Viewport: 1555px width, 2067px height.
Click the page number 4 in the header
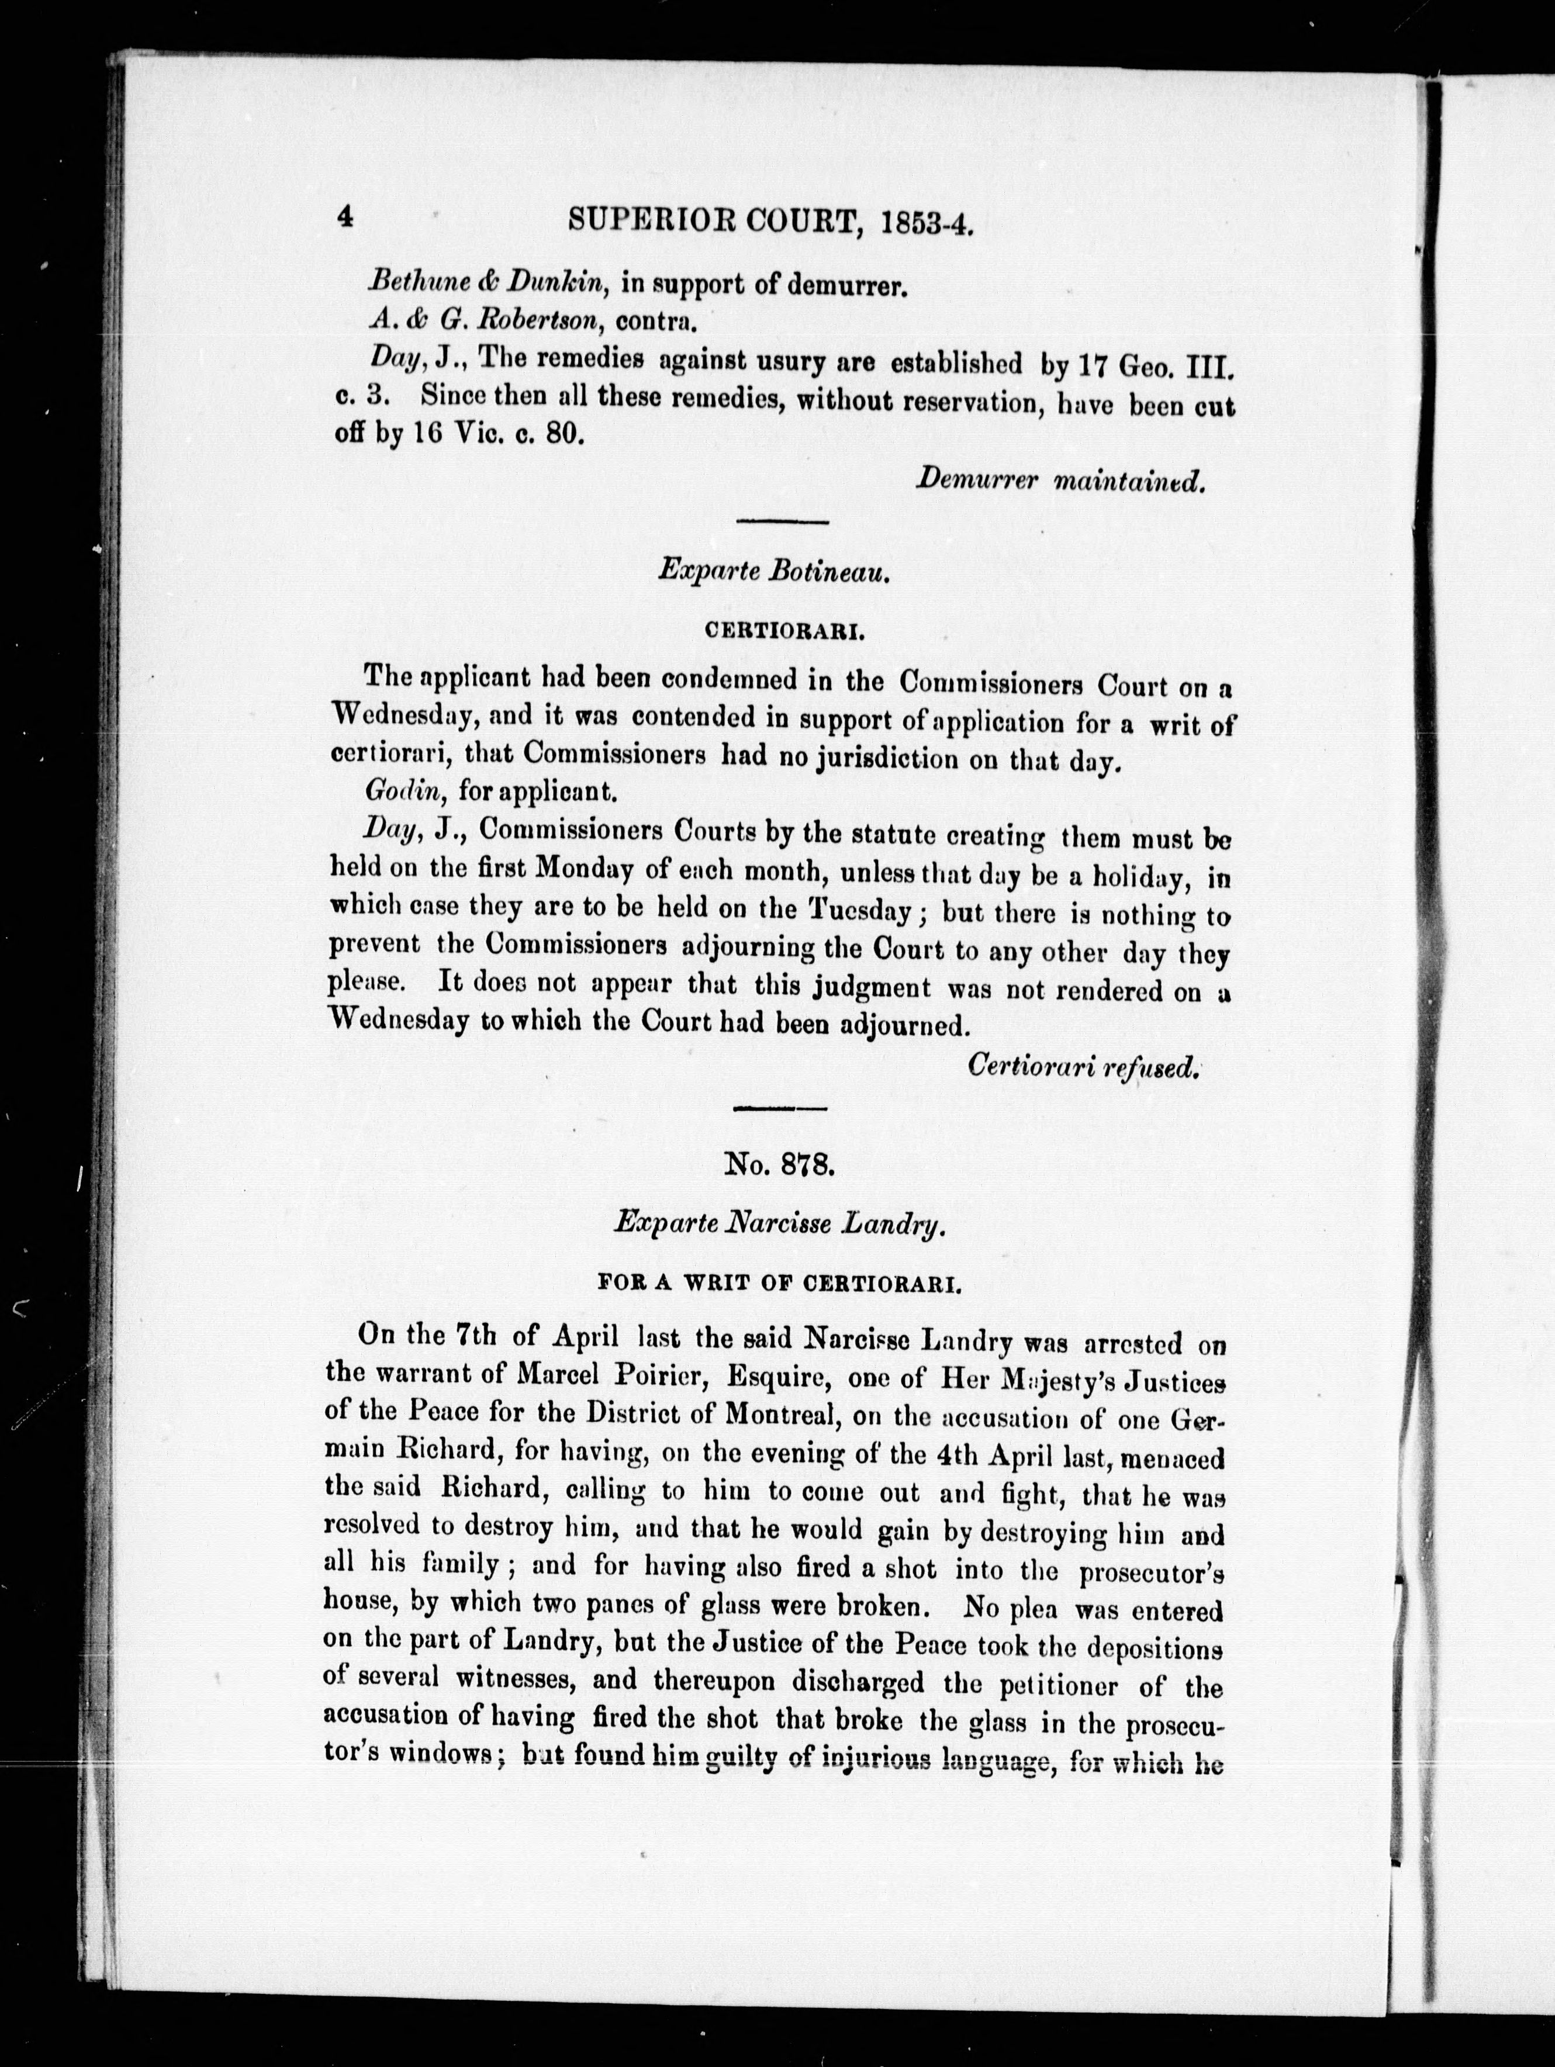[345, 217]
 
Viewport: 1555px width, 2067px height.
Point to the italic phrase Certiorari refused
[1082, 1064]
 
